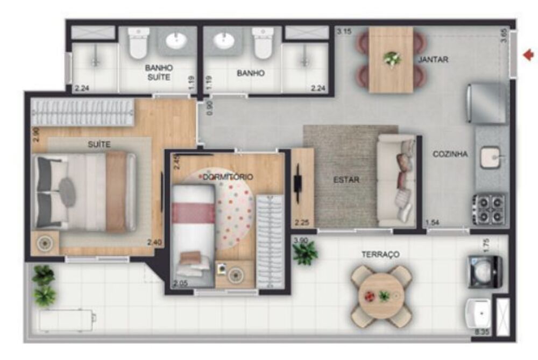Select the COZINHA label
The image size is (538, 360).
tap(450, 154)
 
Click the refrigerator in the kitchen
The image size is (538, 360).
tap(486, 103)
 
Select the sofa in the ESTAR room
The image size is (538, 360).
tap(397, 180)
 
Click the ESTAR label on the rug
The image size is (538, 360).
tap(346, 180)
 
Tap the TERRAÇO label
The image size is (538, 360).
tap(380, 254)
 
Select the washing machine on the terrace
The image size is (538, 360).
tap(484, 272)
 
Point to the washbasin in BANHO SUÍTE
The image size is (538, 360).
tap(176, 40)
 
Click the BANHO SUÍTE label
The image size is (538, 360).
tap(158, 72)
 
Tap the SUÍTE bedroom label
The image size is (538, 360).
tap(99, 144)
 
